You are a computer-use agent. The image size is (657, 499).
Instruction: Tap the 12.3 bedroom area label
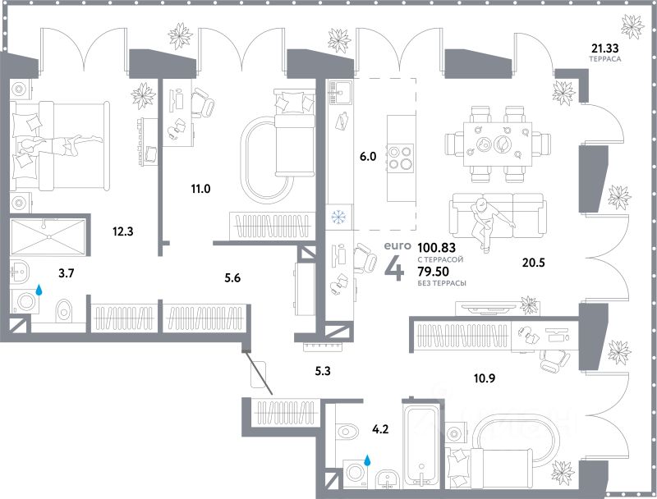click(x=123, y=231)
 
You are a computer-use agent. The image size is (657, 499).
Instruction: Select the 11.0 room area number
click(x=200, y=189)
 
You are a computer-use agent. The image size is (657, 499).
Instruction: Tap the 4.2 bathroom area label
click(x=381, y=427)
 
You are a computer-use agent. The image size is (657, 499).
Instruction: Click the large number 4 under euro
click(x=394, y=269)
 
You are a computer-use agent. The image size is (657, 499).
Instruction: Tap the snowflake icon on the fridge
click(x=336, y=217)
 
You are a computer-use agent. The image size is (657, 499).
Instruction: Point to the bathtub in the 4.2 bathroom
click(x=421, y=443)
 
